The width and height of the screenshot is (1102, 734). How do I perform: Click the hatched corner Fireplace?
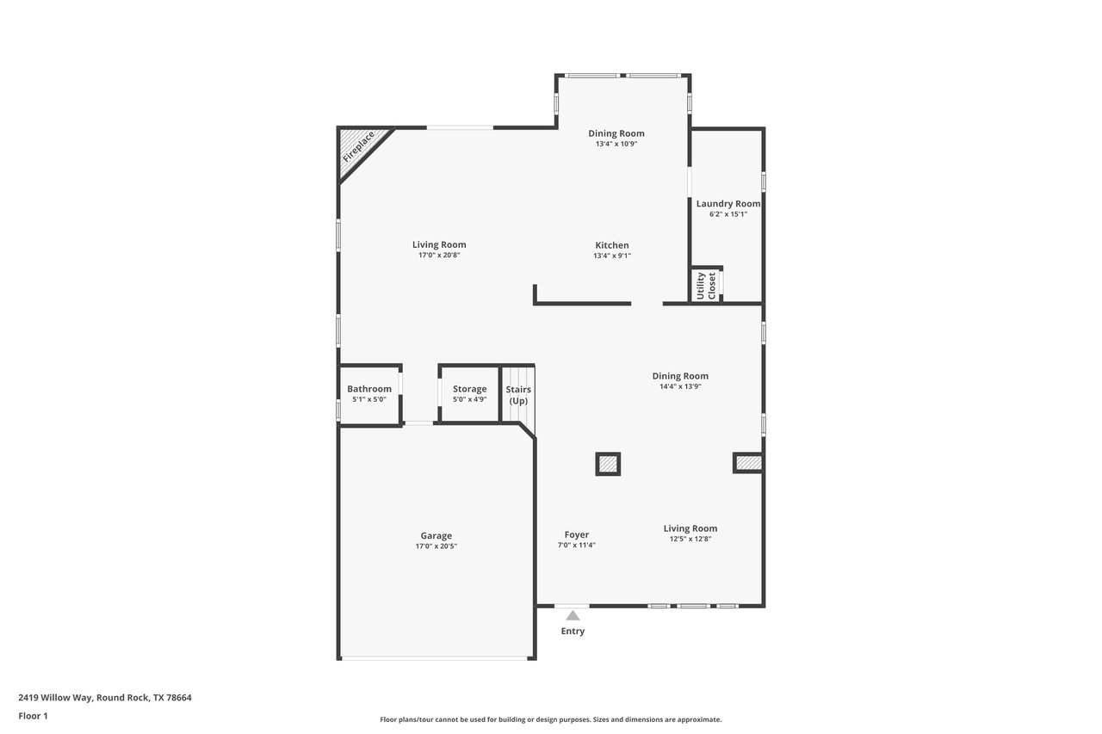[x=358, y=149]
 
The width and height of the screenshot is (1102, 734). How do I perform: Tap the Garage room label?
[x=436, y=535]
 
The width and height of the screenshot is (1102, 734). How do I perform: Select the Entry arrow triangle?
[x=573, y=615]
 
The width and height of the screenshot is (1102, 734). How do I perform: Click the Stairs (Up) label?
[x=518, y=395]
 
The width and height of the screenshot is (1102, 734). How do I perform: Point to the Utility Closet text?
[x=706, y=286]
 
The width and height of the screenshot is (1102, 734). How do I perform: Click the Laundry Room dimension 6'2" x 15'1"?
[x=728, y=214]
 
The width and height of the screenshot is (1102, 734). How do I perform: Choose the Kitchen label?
[x=612, y=245]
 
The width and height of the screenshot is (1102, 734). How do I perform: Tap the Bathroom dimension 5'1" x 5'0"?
[x=369, y=399]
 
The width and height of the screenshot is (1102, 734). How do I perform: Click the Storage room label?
[x=470, y=389]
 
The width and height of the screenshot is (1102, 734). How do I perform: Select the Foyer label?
[x=577, y=534]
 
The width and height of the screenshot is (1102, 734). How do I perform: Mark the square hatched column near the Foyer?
[x=608, y=464]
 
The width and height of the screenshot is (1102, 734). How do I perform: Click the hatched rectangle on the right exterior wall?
[x=748, y=463]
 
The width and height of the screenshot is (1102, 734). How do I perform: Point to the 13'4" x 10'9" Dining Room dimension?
[x=616, y=144]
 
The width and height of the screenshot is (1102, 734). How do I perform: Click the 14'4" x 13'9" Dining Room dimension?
[x=680, y=386]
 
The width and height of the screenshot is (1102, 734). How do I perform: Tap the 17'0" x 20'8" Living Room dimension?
[x=439, y=255]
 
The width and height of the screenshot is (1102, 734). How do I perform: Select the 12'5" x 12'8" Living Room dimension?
[x=690, y=539]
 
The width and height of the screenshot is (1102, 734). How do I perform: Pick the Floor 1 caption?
[x=33, y=716]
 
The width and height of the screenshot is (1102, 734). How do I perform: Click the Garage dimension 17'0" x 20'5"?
[x=436, y=546]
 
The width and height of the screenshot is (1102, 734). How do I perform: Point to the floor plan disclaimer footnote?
[x=550, y=719]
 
